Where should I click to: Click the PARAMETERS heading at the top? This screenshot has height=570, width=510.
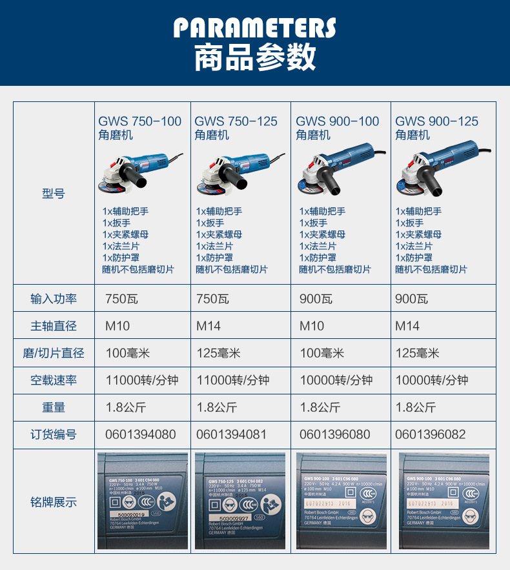pyautogui.click(x=255, y=28)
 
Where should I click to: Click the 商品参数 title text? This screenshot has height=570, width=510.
pyautogui.click(x=255, y=57)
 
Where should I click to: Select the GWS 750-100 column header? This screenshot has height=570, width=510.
pyautogui.click(x=139, y=127)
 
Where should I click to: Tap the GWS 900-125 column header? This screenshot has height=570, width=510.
pyautogui.click(x=436, y=127)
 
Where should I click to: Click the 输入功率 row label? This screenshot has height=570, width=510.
pyautogui.click(x=54, y=299)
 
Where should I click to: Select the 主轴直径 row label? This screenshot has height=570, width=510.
pyautogui.click(x=54, y=326)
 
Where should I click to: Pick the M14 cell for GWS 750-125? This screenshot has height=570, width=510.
pyautogui.click(x=209, y=326)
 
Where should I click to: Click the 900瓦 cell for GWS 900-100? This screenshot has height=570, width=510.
pyautogui.click(x=316, y=299)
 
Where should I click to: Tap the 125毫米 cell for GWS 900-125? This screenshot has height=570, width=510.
pyautogui.click(x=417, y=353)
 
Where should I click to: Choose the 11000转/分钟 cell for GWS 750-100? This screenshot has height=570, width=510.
pyautogui.click(x=142, y=380)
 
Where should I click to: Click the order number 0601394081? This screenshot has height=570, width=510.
pyautogui.click(x=231, y=434)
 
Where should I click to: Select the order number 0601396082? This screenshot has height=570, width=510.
pyautogui.click(x=430, y=434)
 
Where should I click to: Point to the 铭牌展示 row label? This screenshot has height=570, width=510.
pyautogui.click(x=54, y=502)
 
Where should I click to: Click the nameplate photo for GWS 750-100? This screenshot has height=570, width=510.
pyautogui.click(x=143, y=501)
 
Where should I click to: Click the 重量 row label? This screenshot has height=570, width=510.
pyautogui.click(x=54, y=407)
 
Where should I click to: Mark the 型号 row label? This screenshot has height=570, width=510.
pyautogui.click(x=54, y=193)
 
